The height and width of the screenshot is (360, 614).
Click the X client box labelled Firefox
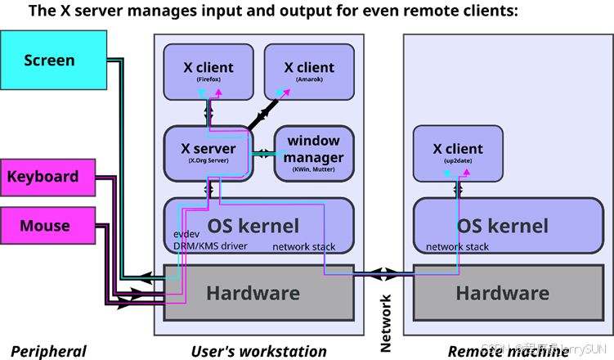point(208,71)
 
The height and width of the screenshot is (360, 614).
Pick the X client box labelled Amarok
point(308,71)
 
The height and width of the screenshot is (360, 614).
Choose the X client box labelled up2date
point(458,153)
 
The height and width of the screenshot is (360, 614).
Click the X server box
point(208,152)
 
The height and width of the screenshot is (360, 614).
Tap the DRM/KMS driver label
point(210,246)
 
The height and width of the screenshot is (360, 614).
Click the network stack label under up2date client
point(457,247)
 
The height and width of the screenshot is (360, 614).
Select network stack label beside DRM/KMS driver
point(303,246)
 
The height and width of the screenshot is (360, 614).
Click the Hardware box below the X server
point(253,292)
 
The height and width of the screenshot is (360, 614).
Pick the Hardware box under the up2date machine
point(502,292)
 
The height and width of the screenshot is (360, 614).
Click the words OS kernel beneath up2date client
point(502,226)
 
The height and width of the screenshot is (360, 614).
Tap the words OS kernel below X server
point(253,226)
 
